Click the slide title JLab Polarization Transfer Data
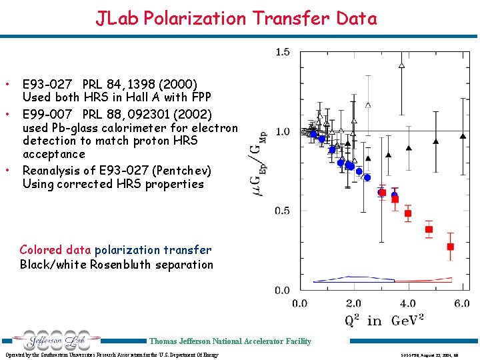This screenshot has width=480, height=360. (x=237, y=18)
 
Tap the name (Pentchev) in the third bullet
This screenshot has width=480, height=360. (x=179, y=170)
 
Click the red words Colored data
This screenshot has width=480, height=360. (x=55, y=250)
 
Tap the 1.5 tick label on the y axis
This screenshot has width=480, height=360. (x=283, y=52)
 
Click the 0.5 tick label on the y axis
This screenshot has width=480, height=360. (x=283, y=211)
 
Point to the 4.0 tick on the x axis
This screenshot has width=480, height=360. (x=407, y=303)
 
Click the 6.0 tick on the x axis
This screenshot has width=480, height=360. (x=461, y=303)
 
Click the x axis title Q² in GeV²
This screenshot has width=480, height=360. (x=384, y=320)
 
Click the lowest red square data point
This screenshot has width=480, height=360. (x=450, y=247)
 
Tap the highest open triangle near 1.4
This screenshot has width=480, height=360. (x=401, y=65)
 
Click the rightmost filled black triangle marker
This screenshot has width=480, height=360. (x=463, y=136)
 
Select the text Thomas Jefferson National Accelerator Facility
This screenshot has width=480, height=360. (x=230, y=341)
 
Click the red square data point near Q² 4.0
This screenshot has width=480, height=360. (x=407, y=213)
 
